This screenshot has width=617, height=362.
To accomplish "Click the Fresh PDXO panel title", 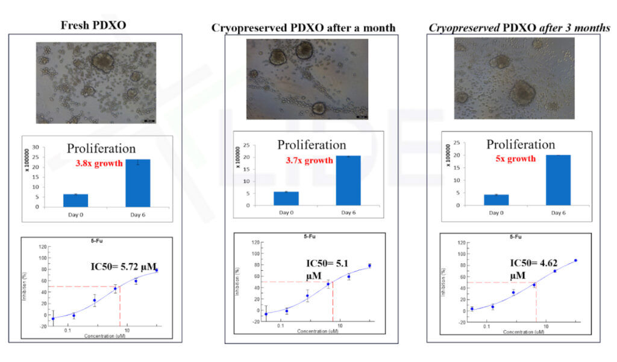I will pos(96,25).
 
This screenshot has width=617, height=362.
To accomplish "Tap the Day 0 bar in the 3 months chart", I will pos(496,200).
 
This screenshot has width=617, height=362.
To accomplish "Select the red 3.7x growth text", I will pos(309,160).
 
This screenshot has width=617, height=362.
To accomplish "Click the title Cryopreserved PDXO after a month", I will pos(303,28).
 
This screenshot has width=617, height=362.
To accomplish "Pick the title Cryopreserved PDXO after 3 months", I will pos(519,28).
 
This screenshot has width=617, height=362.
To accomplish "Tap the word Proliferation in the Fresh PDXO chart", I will pos(101,148).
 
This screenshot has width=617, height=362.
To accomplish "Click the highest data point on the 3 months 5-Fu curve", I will pos(575,261).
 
